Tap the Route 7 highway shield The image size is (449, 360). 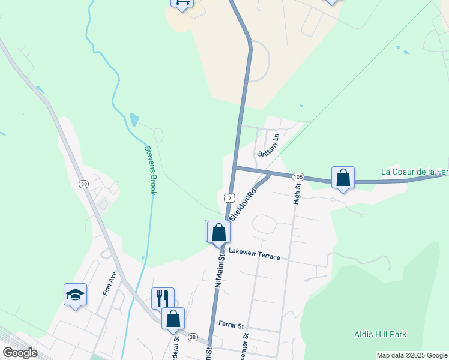[228, 197]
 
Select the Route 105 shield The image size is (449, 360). [298, 176]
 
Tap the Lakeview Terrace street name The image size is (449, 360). [254, 254]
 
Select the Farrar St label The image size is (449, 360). [231, 326]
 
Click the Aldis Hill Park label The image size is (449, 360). [381, 334]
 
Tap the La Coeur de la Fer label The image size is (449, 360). [415, 172]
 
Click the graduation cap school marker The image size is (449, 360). [76, 295]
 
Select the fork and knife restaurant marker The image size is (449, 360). [163, 298]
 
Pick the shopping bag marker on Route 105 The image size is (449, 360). [343, 178]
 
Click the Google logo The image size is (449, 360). [20, 353]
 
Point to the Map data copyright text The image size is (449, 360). [412, 355]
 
